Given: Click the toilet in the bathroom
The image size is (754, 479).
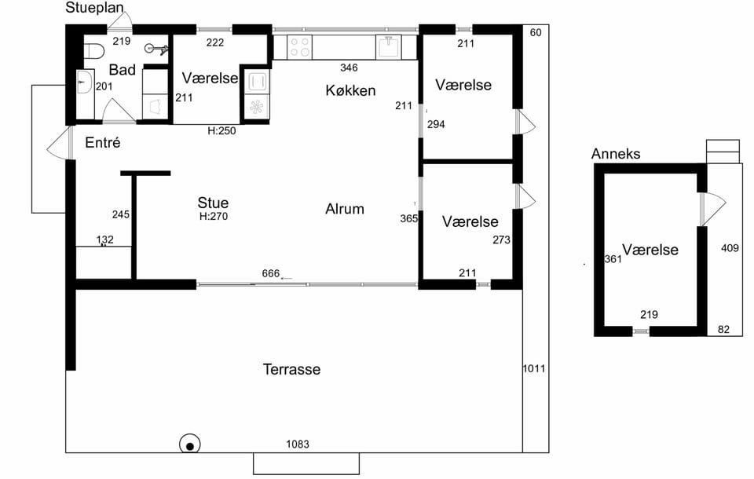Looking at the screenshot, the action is pyautogui.click(x=94, y=50).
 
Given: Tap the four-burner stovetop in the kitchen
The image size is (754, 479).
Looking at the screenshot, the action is pyautogui.click(x=299, y=47).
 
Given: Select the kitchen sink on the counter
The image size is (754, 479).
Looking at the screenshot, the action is pyautogui.click(x=389, y=47).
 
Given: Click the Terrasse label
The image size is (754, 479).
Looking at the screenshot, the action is pyautogui.click(x=291, y=369).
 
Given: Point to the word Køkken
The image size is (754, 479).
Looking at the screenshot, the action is pyautogui.click(x=350, y=90).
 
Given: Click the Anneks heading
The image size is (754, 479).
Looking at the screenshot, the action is pyautogui.click(x=616, y=154).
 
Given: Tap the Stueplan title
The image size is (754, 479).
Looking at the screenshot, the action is pyautogui.click(x=95, y=8).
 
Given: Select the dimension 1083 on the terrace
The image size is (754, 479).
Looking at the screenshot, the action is pyautogui.click(x=298, y=444).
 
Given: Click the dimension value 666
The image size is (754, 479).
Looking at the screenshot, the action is pyautogui.click(x=271, y=273).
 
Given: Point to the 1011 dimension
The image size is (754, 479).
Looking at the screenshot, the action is pyautogui.click(x=534, y=369).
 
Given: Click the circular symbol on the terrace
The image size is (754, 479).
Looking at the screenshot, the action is pyautogui.click(x=190, y=446).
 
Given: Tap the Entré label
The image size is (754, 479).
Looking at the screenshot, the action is pyautogui.click(x=102, y=142).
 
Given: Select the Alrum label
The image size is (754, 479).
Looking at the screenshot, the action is pyautogui.click(x=345, y=209).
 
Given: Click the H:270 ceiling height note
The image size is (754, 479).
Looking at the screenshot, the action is pyautogui.click(x=214, y=217).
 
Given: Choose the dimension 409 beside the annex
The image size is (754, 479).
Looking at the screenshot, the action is pyautogui.click(x=730, y=248).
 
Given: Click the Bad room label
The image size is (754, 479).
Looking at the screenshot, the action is pyautogui.click(x=123, y=70).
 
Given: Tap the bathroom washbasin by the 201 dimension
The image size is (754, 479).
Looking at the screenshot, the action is pyautogui.click(x=84, y=82).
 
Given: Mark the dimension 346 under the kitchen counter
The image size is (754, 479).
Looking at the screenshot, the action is pyautogui.click(x=349, y=68).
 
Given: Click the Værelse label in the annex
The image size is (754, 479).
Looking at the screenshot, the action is pyautogui.click(x=650, y=250).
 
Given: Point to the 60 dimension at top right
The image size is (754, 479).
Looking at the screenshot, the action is pyautogui.click(x=535, y=32).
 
